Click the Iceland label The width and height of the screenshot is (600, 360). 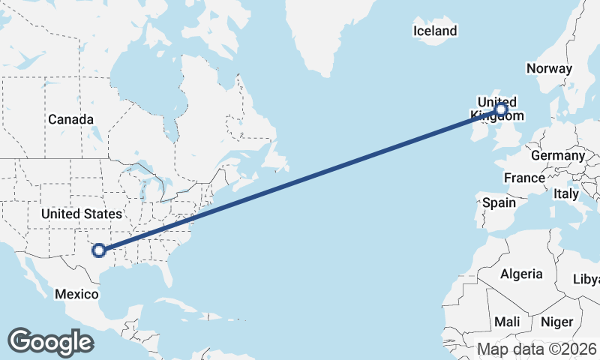[435, 31]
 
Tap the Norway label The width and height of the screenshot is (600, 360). [549, 68]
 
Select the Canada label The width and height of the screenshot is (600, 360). [70, 119]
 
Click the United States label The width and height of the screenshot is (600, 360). [81, 214]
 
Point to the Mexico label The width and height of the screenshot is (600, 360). [76, 294]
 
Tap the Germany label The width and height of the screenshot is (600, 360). [557, 155]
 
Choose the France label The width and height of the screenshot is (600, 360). [524, 178]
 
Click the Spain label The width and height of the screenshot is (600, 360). [499, 202]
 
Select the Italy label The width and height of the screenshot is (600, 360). [565, 193]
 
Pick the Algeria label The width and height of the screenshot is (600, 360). [521, 274]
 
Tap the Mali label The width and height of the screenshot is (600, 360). [507, 322]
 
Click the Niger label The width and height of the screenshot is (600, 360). [556, 322]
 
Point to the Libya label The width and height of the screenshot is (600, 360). [586, 279]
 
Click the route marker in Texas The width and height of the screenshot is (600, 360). [98, 250]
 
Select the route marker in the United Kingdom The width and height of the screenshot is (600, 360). [501, 110]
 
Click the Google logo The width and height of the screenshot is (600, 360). [50, 342]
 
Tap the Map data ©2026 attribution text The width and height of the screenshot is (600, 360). [537, 349]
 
